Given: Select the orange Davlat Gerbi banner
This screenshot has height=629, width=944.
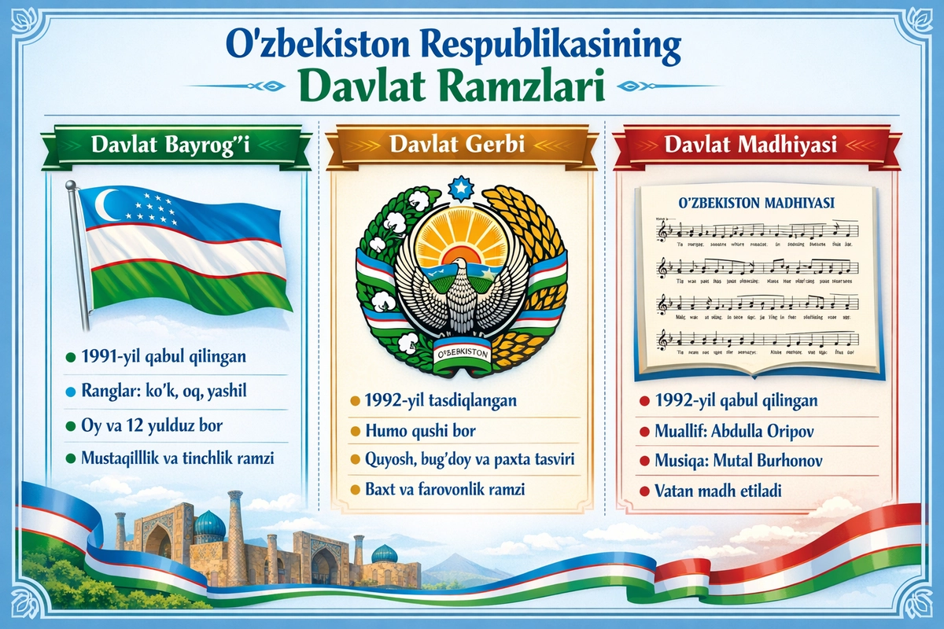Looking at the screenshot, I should coord(459,146).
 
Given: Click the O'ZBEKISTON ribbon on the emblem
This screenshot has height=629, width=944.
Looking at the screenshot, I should coord(462,351).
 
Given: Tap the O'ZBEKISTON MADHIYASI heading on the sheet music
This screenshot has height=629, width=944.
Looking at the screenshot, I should coord(754,203).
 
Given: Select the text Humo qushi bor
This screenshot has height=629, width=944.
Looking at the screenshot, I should coord(420,431).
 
